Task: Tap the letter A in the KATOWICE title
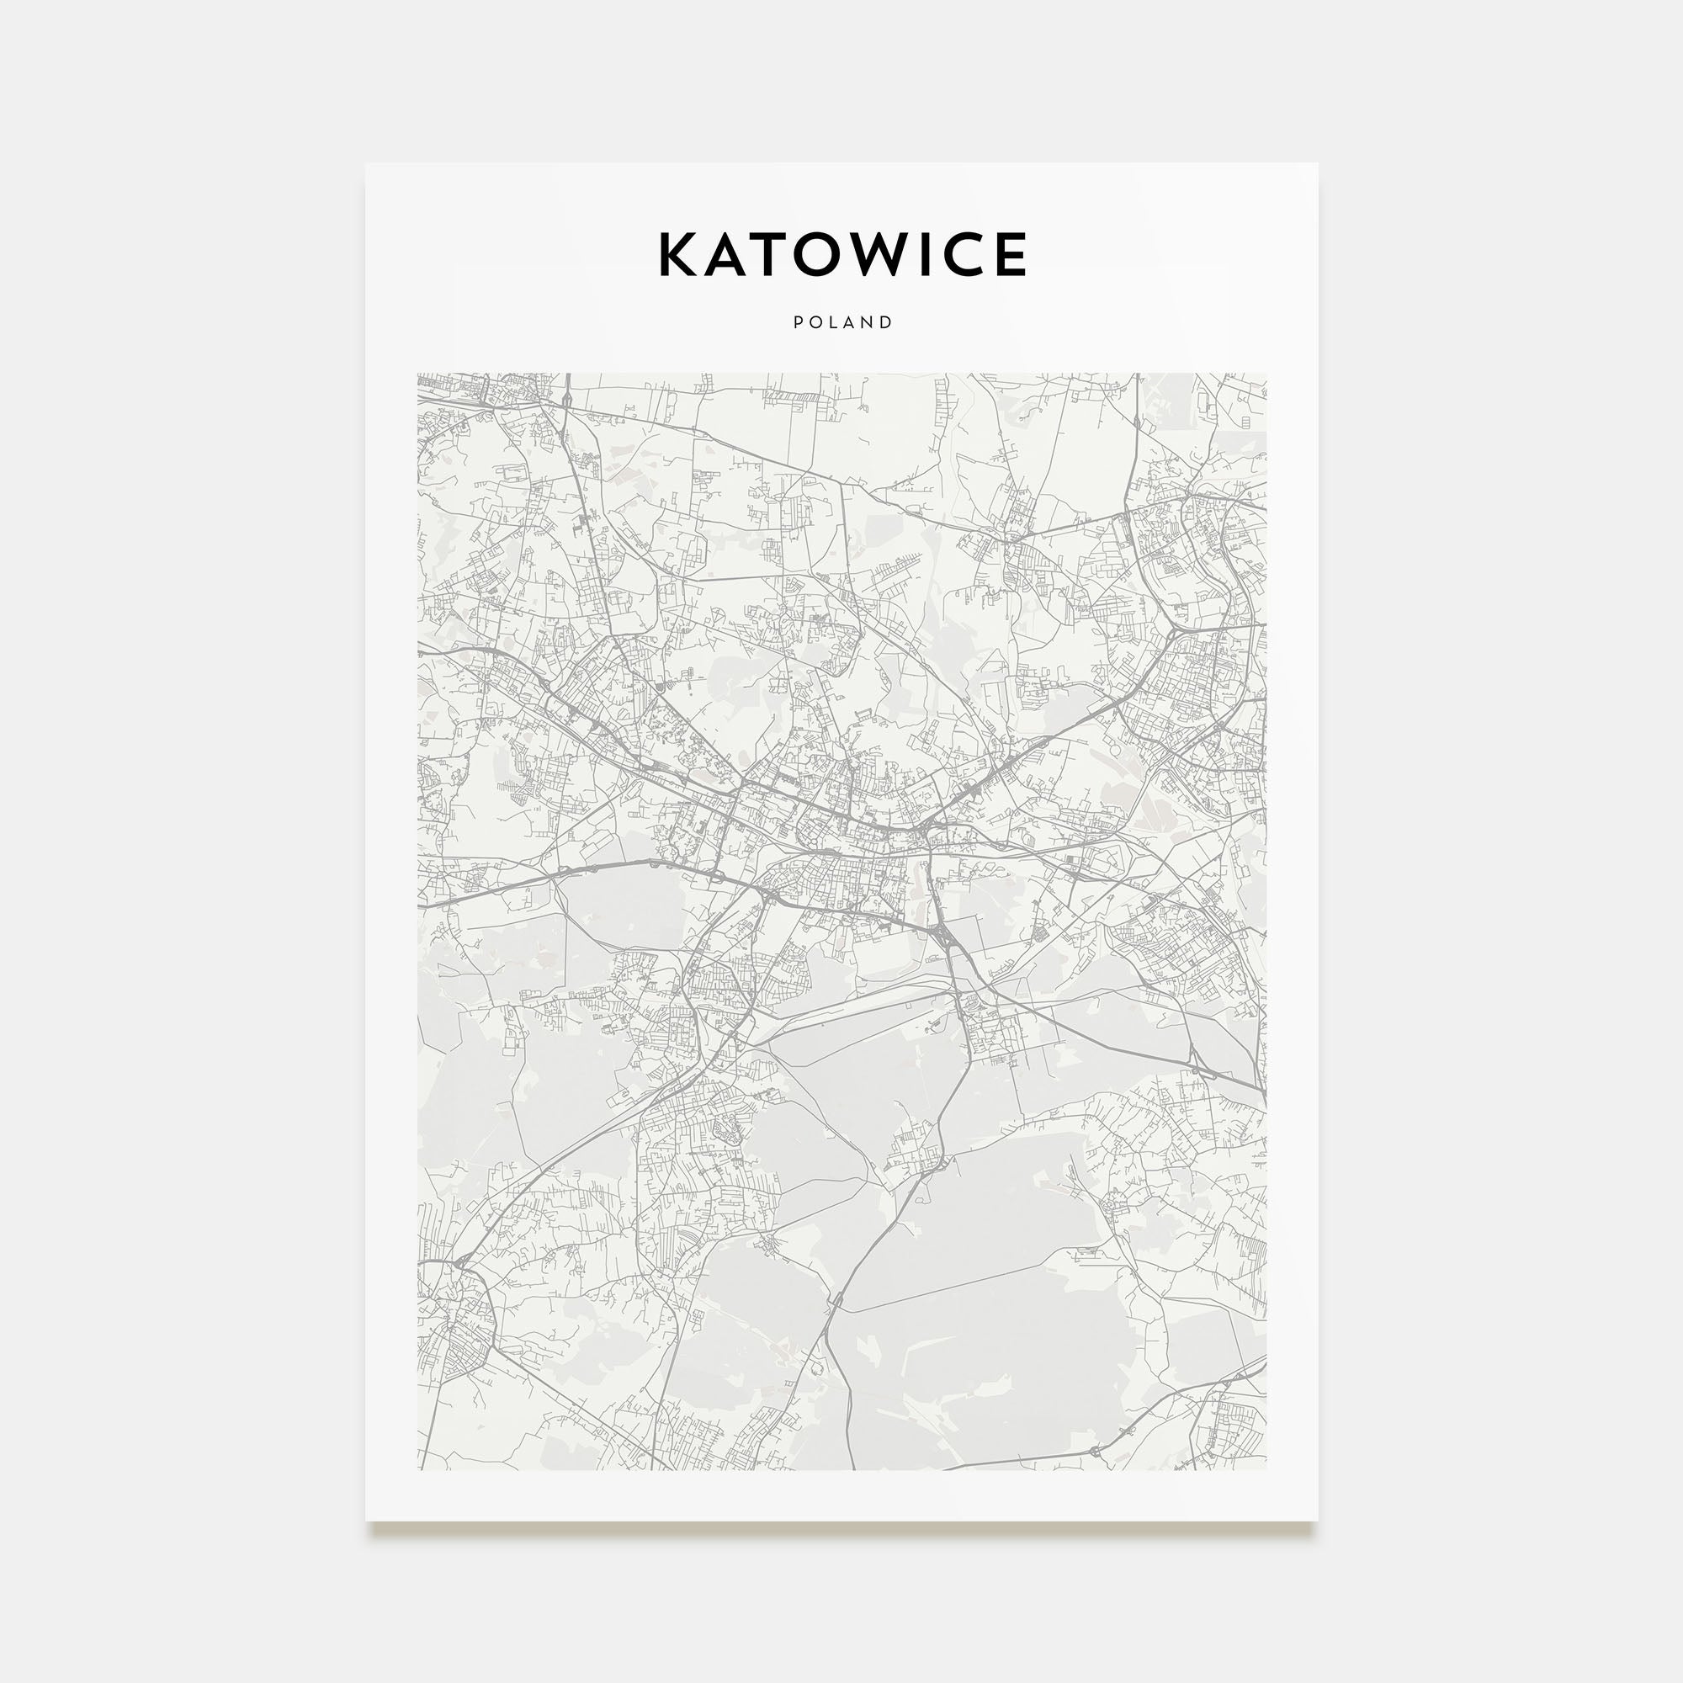pos(728,254)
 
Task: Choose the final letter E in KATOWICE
pos(1011,254)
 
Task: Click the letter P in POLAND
pos(798,322)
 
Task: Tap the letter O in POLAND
pos(815,322)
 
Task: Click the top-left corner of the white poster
pos(366,164)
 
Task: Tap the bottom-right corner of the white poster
pos(1317,1521)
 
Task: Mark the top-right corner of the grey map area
pos(1266,374)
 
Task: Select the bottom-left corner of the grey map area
pos(418,1469)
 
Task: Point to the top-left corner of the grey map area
pos(418,374)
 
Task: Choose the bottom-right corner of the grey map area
pos(1266,1469)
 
